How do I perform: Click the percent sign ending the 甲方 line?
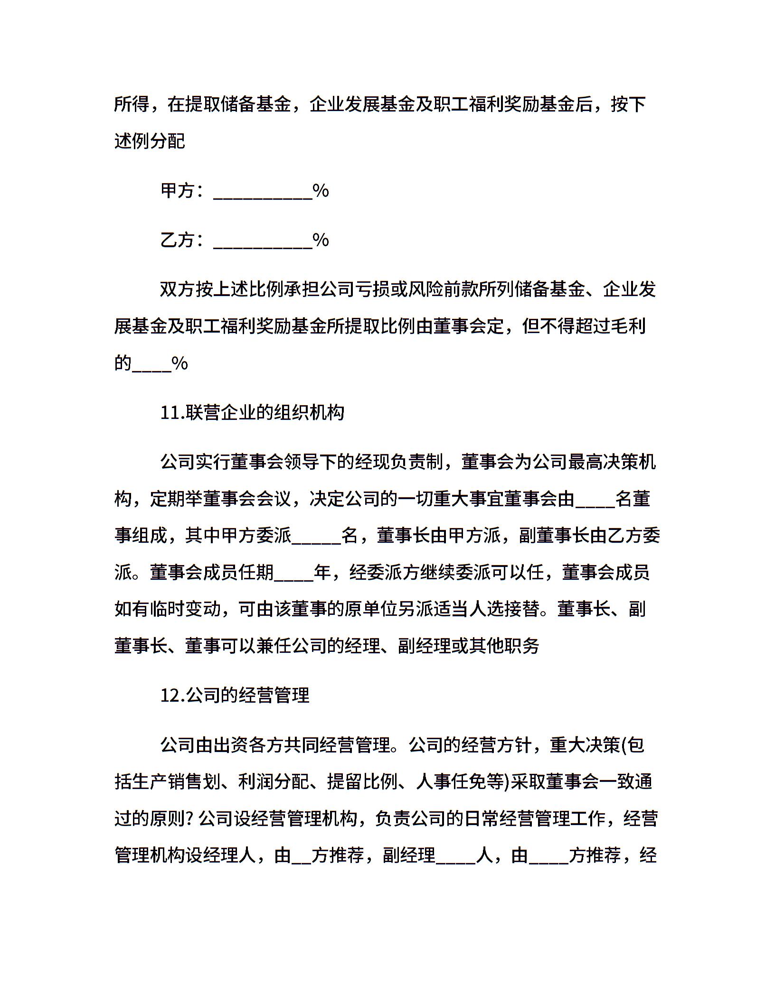coord(321,191)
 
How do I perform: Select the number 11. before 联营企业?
coord(172,413)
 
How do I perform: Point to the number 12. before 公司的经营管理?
coord(172,696)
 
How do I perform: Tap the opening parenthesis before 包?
coord(625,745)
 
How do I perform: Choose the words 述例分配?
coord(150,141)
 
